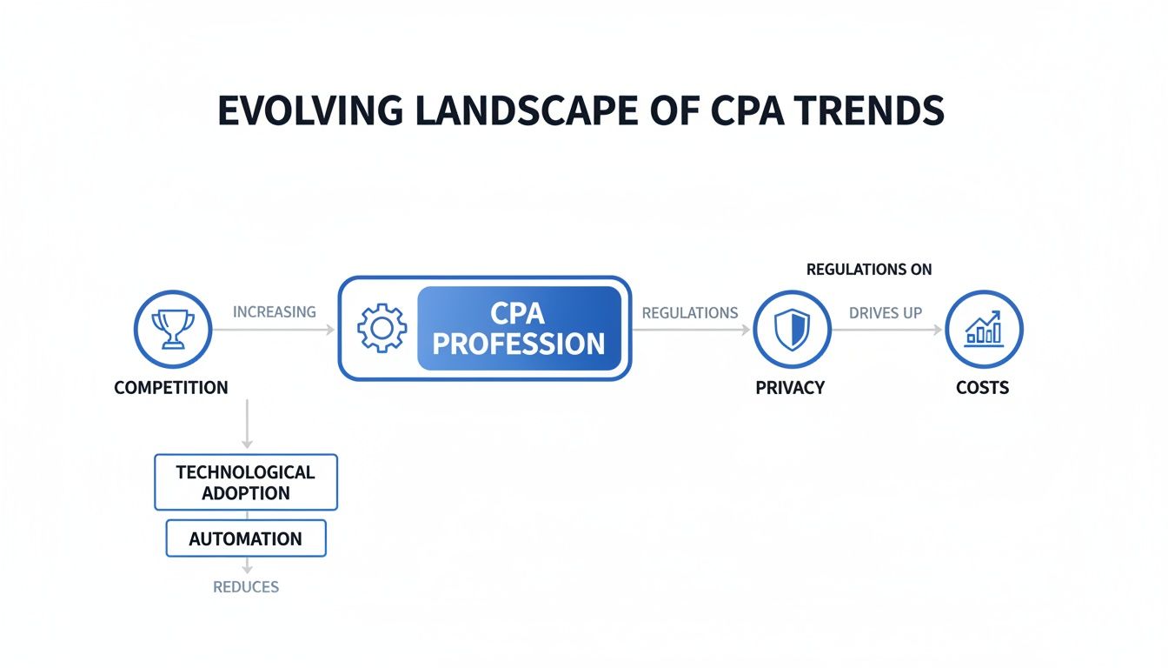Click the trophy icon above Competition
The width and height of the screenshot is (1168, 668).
[172, 329]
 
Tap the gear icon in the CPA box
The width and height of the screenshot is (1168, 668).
[382, 328]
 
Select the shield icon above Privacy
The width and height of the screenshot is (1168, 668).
[792, 330]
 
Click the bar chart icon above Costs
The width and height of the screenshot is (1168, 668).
[984, 329]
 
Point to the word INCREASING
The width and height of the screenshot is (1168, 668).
[274, 311]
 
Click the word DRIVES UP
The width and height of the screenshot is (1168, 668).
[885, 312]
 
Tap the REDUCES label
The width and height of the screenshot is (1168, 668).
[246, 587]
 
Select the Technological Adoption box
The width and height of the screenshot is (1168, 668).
[245, 482]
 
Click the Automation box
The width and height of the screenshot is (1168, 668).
[246, 538]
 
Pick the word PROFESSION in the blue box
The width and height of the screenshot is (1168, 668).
[519, 344]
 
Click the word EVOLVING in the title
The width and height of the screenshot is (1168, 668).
[310, 111]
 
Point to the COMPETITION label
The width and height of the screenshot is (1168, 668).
[171, 388]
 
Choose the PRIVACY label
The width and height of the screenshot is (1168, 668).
[790, 388]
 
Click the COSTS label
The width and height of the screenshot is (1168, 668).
[982, 388]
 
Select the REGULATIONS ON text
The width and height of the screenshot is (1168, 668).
[869, 270]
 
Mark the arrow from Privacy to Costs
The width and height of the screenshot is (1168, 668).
[886, 330]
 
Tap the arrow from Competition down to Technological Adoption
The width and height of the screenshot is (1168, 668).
[247, 424]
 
